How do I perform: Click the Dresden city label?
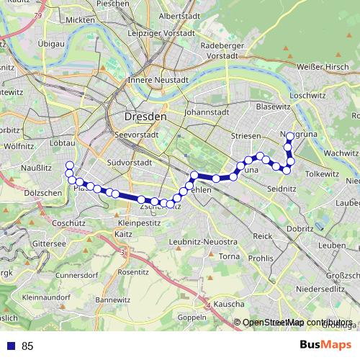pos(145,116)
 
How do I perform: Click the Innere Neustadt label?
pos(158,80)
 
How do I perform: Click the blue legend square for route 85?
pos(10,346)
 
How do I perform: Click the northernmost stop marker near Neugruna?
pos(290,136)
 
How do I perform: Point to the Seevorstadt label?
pos(130,135)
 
